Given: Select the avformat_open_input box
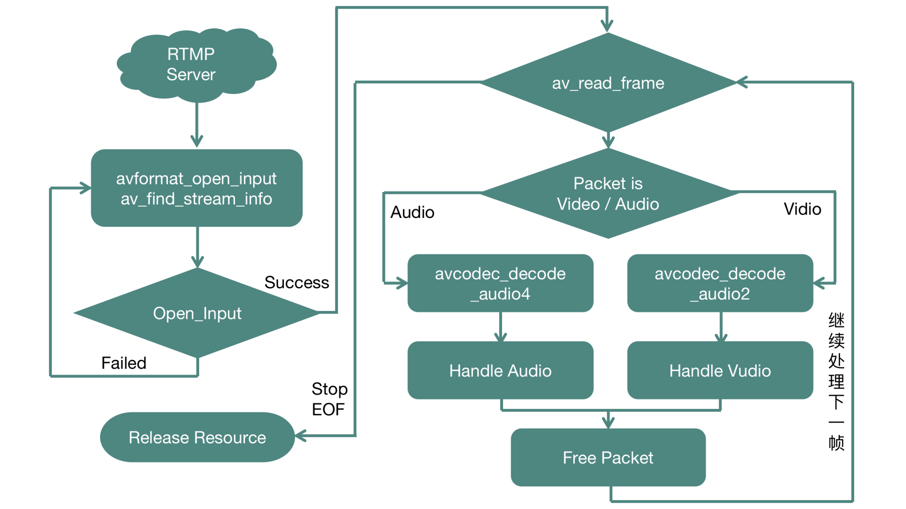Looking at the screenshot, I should (x=196, y=188).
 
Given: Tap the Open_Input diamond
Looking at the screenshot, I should (x=197, y=313).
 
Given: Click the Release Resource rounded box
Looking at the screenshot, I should (x=197, y=437).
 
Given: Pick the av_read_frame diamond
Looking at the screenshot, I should (x=608, y=83).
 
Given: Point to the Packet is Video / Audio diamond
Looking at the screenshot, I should (x=608, y=193).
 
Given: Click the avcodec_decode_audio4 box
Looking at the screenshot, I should (x=500, y=283).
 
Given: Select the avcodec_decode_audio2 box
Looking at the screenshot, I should (x=720, y=283).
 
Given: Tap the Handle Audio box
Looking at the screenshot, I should (x=500, y=370).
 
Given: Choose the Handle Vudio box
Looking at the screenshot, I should (x=720, y=370).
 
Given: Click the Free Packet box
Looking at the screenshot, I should (x=608, y=457).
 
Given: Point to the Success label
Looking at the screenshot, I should (x=296, y=282).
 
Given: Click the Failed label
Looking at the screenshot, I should (x=124, y=363).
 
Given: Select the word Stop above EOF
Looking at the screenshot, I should (x=329, y=389).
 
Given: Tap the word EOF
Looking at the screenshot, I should (x=328, y=409).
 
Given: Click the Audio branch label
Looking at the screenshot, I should (x=412, y=212).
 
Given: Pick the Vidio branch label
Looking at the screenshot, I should (x=802, y=209).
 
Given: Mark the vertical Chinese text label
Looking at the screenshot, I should (x=836, y=381).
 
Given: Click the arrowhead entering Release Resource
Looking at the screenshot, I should (x=301, y=436).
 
